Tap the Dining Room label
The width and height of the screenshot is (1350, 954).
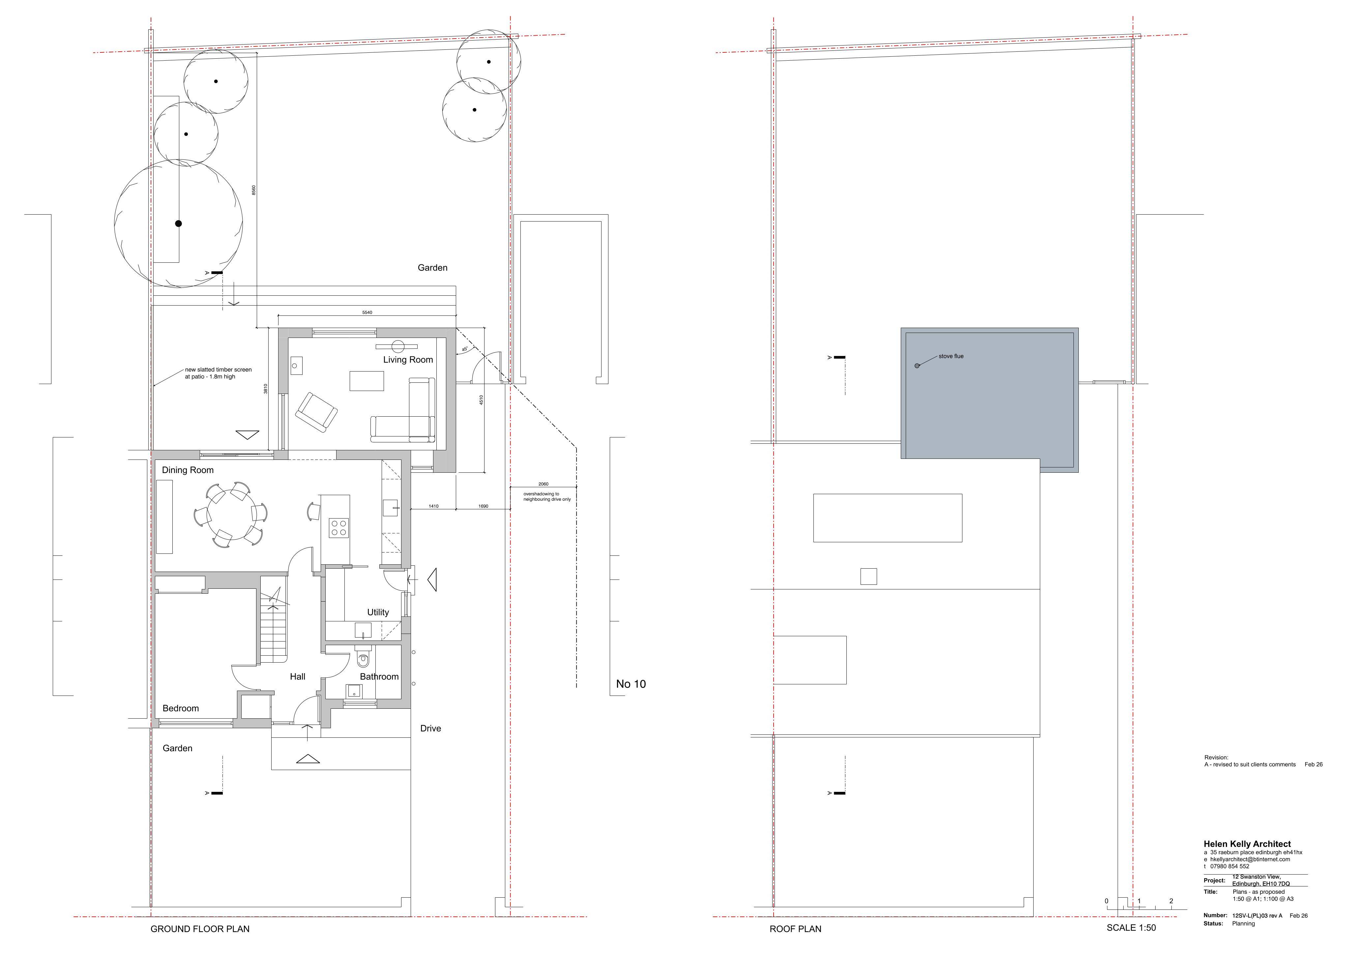[188, 470]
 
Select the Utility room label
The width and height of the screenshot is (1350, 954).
[378, 612]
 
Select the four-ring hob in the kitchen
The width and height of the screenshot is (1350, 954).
[338, 527]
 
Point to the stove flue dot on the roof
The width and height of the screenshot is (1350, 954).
[917, 366]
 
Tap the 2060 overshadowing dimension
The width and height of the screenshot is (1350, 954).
[543, 484]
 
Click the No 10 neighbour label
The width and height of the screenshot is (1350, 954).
[631, 684]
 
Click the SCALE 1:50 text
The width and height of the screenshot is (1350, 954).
[1131, 928]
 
